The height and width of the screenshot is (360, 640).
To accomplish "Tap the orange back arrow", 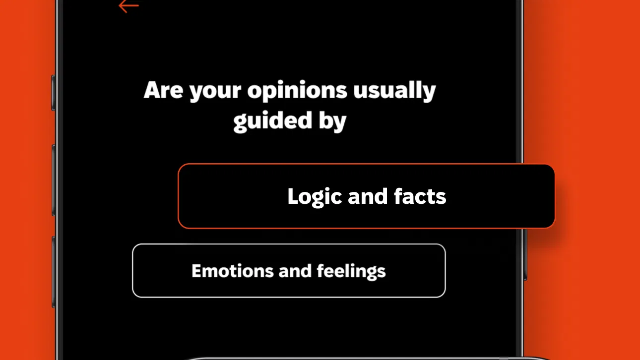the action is coord(128,6).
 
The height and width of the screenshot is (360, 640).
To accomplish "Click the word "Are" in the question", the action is coord(163,90).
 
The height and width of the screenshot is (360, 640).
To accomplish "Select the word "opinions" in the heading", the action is coord(297,91).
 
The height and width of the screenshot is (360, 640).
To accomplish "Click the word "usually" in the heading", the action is coord(394,91).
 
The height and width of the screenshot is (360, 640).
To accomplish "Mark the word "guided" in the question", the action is coord(272,121).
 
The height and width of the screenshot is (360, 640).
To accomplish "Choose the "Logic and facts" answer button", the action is coord(366,196).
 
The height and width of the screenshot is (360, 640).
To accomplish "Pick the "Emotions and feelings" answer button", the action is coord(289,271).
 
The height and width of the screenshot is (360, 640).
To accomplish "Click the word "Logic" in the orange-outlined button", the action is coord(315,197).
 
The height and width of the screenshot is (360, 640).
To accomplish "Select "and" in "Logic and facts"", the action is coord(368,196).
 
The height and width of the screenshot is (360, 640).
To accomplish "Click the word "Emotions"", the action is coord(233,271).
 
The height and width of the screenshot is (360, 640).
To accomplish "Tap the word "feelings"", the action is coord(351,272).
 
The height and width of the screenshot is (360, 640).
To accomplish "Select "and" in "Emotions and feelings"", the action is coord(295,271).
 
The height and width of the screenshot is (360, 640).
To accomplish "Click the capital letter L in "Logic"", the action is coord(293,196).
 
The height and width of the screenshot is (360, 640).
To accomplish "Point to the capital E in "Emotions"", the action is coord(197,271).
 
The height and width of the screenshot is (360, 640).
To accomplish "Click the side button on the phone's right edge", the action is coord(525,254).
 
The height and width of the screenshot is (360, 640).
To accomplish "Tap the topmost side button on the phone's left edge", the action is coord(54,93).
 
